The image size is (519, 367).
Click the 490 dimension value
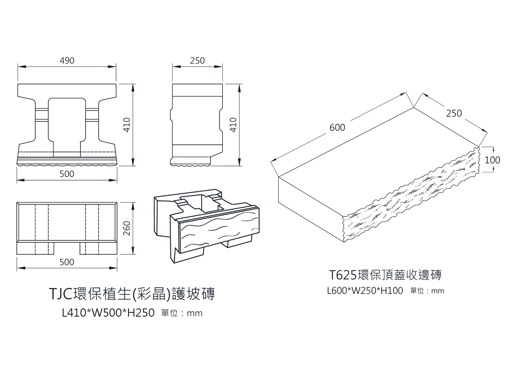(67, 61)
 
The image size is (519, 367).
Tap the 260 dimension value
(127, 228)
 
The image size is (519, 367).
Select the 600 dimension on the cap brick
(337, 128)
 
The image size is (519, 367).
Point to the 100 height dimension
(492, 160)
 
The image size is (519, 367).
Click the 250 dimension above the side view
(197, 61)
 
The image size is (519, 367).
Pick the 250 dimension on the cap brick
(454, 113)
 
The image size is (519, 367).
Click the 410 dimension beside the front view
(127, 125)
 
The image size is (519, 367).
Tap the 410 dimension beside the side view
(233, 125)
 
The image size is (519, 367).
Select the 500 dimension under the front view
(67, 174)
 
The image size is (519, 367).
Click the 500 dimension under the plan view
(67, 262)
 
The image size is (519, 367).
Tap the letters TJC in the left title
(61, 294)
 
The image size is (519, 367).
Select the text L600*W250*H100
(365, 291)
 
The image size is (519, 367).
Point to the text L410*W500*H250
(108, 313)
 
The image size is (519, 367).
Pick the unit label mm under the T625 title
(438, 291)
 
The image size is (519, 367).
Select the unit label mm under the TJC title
(195, 313)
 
